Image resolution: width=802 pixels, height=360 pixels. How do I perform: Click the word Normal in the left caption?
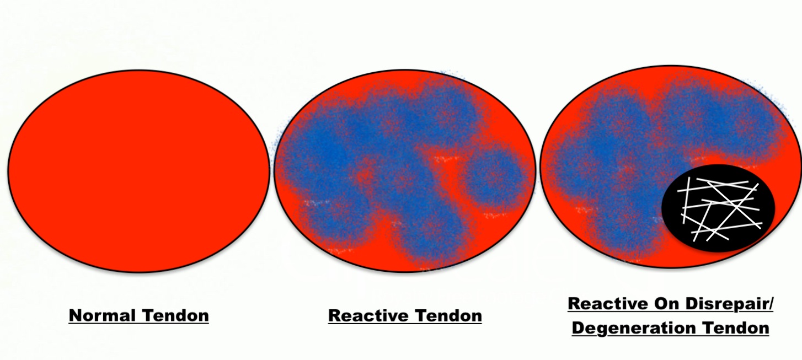click(x=103, y=316)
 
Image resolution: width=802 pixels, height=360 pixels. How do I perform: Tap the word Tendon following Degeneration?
click(x=735, y=328)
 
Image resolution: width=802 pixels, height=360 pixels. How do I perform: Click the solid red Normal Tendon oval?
click(x=138, y=170)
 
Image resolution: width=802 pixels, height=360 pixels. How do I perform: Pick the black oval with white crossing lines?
click(x=718, y=208)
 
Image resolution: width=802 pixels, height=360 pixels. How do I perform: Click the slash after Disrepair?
click(x=770, y=304)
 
